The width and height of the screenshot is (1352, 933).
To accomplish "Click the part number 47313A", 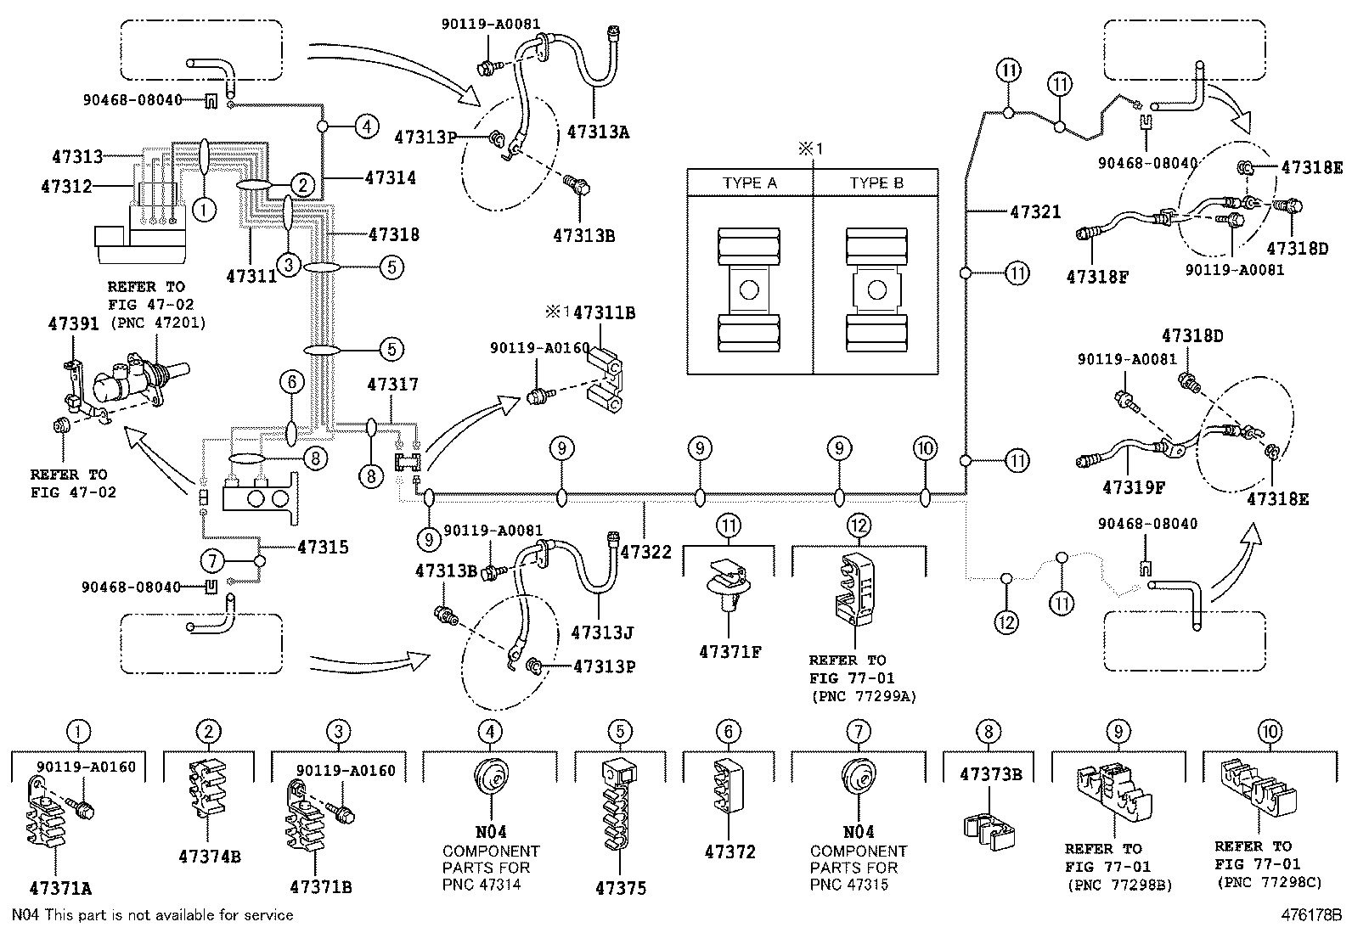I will (603, 132).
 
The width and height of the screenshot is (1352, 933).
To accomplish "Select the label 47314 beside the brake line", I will (391, 178).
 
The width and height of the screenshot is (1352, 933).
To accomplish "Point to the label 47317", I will (392, 385).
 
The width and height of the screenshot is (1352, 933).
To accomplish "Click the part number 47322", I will (645, 552).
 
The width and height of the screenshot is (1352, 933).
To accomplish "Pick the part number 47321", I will (1035, 211).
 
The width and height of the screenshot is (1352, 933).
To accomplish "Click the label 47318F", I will (1097, 276).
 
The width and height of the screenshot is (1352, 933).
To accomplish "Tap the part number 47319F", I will (1133, 488).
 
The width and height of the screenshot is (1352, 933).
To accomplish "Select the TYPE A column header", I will (749, 183).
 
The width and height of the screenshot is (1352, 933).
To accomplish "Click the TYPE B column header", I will (876, 183).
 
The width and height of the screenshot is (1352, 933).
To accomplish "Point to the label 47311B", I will (604, 313).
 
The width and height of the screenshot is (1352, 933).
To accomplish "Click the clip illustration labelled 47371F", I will (730, 586).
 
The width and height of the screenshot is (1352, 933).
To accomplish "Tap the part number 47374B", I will (209, 857).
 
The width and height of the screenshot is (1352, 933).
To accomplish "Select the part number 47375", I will (620, 888).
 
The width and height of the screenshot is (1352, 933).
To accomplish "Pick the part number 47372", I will (730, 852).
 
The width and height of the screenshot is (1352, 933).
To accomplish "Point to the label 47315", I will (323, 548).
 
